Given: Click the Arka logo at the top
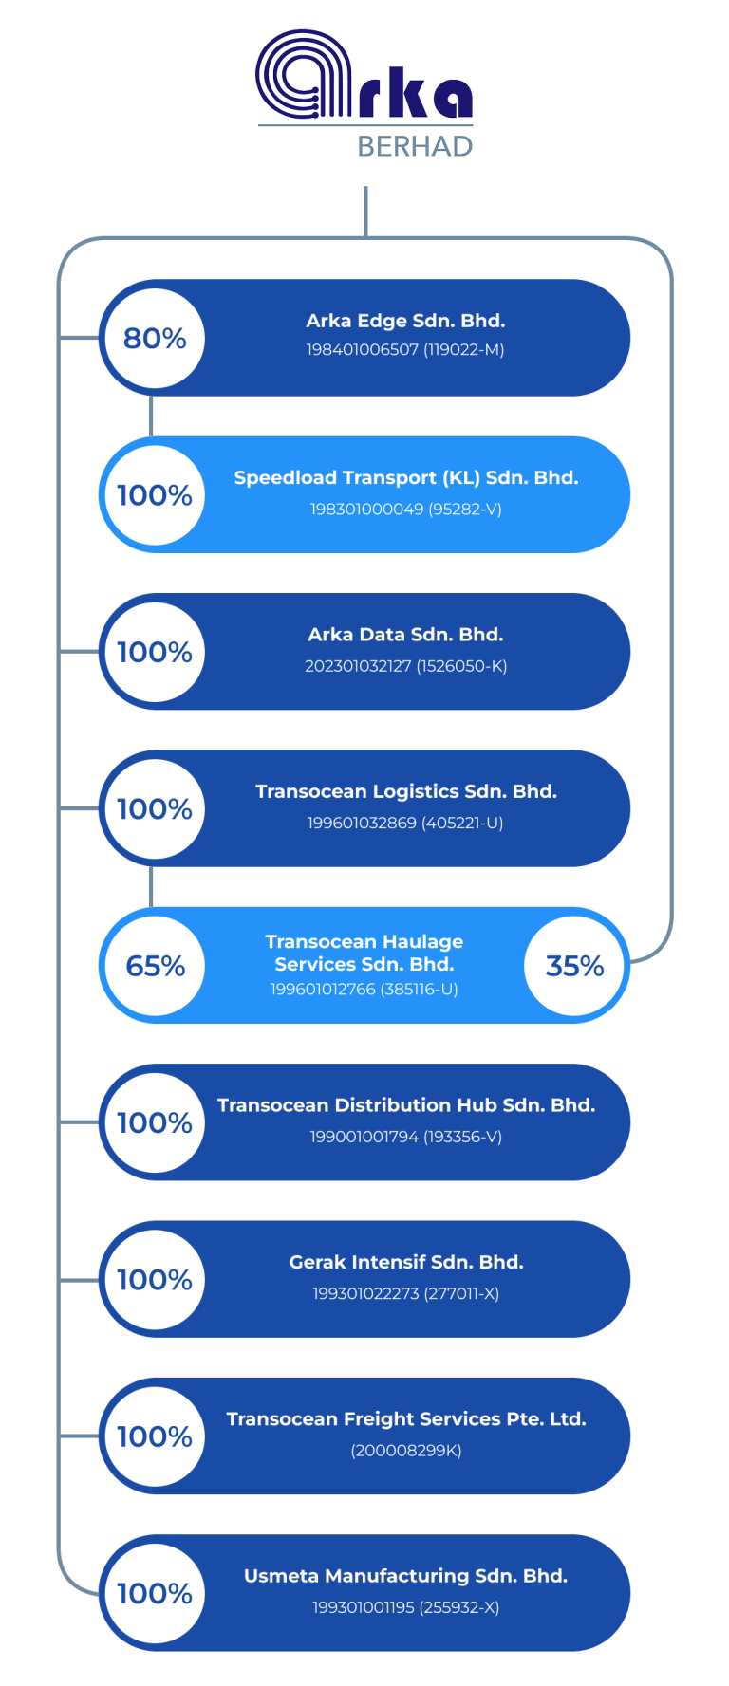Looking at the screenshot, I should (364, 76).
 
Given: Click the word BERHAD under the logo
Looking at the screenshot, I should (415, 146).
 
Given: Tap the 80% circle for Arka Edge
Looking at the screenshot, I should (155, 339).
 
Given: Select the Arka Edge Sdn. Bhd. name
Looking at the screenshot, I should (405, 321).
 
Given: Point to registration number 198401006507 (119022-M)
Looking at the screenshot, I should (405, 350).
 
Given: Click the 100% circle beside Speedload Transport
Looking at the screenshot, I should (155, 495).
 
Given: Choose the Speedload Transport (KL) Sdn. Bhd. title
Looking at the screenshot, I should (406, 478).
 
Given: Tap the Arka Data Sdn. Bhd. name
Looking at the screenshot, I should (405, 635).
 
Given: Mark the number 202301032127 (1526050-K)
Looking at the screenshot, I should (405, 666).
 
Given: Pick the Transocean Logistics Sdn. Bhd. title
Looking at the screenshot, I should (406, 791).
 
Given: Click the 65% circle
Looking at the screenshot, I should (155, 966).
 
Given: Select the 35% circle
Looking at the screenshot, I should (574, 966).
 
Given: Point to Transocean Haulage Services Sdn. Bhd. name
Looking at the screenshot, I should (364, 953).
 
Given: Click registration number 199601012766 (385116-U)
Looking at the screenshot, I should (364, 990).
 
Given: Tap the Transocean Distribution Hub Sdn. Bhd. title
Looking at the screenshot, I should (406, 1105).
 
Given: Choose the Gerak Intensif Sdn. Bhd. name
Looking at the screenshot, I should (406, 1262).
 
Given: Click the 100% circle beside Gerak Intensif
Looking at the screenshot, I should (155, 1280).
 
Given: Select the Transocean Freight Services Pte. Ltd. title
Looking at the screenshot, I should (406, 1419).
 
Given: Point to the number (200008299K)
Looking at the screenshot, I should (406, 1451).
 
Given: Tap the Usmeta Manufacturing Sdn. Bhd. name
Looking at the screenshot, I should (406, 1576).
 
